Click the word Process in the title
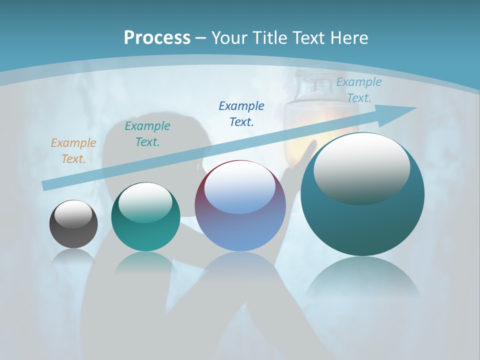pyautogui.click(x=157, y=38)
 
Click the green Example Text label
pyautogui.click(x=147, y=134)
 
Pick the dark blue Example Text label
pyautogui.click(x=241, y=113)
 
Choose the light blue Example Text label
pyautogui.click(x=359, y=90)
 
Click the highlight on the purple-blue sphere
pyautogui.click(x=240, y=187)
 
